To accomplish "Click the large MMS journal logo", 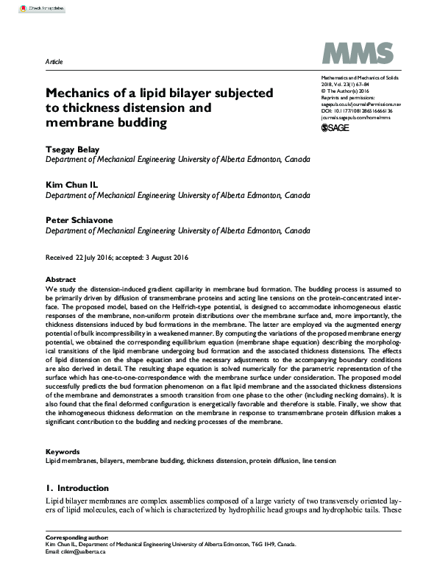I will click(x=353, y=54).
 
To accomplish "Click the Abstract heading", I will click(x=60, y=280).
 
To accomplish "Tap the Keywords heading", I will click(x=63, y=451).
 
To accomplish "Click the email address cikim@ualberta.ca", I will click(x=83, y=551).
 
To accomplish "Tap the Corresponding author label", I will click(x=77, y=537).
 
